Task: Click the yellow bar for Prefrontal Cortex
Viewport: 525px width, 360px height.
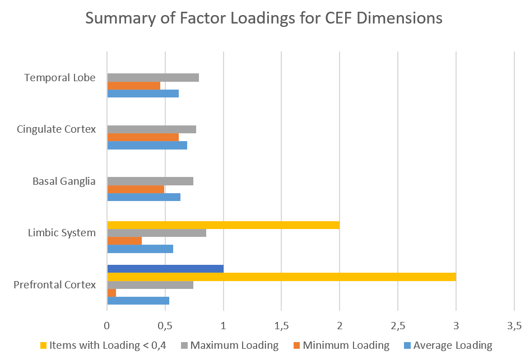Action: coord(282,277)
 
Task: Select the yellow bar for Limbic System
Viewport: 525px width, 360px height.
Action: coord(224,225)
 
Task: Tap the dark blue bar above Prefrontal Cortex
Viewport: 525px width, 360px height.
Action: coord(165,269)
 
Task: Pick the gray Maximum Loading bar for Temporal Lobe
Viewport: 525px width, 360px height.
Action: coord(153,78)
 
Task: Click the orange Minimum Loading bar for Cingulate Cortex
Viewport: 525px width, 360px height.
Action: coord(143,137)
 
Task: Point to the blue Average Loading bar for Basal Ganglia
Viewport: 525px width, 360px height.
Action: coord(144,197)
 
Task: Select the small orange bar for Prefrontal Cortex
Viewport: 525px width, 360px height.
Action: coord(111,293)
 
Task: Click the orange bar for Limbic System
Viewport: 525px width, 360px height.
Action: coord(124,241)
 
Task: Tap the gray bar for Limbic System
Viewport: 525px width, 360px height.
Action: coord(157,233)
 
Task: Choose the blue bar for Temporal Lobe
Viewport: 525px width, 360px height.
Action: coord(143,93)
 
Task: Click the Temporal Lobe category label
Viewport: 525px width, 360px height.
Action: coord(60,78)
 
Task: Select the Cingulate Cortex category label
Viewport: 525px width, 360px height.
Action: coord(56,129)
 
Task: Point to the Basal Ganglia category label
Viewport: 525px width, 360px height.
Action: coord(64,181)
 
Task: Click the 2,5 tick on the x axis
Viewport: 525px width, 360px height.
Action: coord(398,325)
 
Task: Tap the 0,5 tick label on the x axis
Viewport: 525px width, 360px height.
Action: coord(165,325)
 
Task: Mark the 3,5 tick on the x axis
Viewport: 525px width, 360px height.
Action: coord(514,325)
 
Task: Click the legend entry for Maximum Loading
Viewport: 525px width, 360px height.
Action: coord(230,345)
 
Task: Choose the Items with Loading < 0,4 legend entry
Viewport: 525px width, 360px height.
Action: coord(103,345)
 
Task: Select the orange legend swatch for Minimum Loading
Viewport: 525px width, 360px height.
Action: coord(296,345)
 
